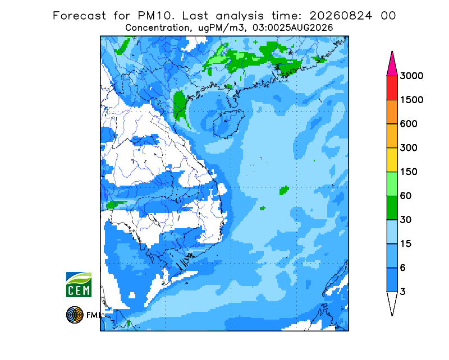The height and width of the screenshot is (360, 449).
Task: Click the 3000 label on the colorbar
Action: [x=411, y=76]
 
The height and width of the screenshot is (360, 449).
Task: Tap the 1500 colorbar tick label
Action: [x=411, y=100]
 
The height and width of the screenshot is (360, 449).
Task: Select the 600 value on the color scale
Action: [x=409, y=124]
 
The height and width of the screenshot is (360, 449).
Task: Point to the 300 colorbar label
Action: [x=409, y=148]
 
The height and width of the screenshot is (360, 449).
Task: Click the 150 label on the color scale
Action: [x=409, y=172]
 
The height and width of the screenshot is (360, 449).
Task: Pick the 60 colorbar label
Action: [x=406, y=196]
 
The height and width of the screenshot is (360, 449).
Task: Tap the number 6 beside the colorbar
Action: [x=403, y=268]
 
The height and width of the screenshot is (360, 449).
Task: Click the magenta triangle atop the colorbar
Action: [x=392, y=64]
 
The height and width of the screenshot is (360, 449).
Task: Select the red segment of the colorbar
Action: [x=392, y=88]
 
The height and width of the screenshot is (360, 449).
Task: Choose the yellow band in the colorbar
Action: [x=392, y=160]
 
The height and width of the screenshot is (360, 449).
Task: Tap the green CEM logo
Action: [x=79, y=284]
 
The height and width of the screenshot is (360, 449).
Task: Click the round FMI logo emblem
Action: [x=75, y=315]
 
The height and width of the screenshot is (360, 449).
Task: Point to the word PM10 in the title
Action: [x=156, y=16]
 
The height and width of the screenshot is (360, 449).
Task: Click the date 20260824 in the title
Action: [x=341, y=16]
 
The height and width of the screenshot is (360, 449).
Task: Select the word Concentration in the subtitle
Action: [x=157, y=28]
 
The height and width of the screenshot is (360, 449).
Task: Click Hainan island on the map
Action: [x=229, y=123]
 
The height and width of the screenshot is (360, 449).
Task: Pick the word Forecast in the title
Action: [x=79, y=16]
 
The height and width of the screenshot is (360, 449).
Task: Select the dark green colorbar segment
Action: [x=392, y=208]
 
